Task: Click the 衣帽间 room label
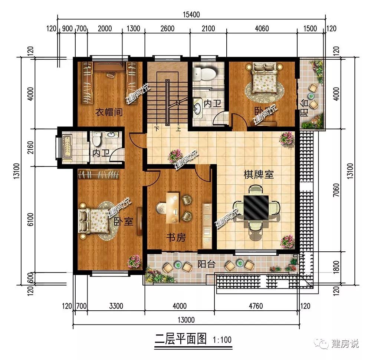[109, 112]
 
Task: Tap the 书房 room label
[176, 237]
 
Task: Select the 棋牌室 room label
[259, 175]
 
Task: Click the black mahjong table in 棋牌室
[256, 207]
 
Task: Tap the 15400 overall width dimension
[191, 15]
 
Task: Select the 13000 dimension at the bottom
[186, 320]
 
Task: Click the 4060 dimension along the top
[262, 29]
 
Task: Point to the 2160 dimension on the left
[31, 148]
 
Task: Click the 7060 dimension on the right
[336, 190]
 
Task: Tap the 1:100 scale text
[222, 340]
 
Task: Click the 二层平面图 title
[181, 339]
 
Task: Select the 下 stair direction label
[157, 129]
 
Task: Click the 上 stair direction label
[178, 129]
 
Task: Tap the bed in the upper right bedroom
[265, 78]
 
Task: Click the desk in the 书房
[173, 208]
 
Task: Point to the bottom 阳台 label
[206, 264]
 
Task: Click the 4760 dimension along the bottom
[256, 306]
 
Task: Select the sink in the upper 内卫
[198, 108]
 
